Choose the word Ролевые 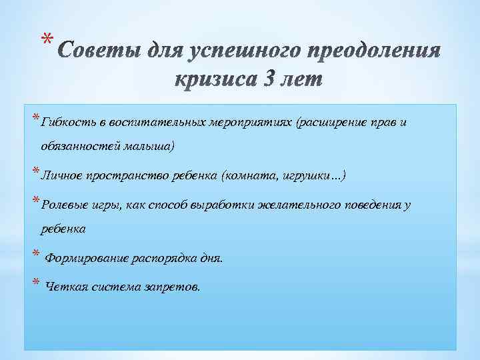pyautogui.click(x=61, y=204)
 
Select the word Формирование pyautogui.click(x=83, y=257)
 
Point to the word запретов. pyautogui.click(x=175, y=286)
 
